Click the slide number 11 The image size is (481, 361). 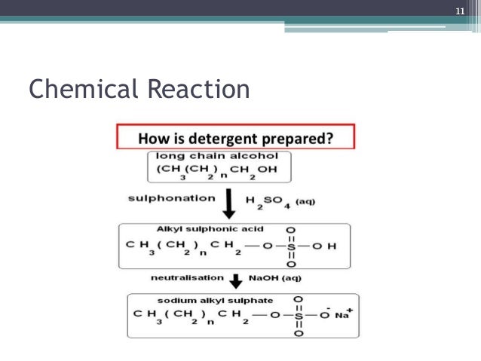[x=458, y=11]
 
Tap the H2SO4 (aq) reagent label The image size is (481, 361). [x=280, y=201]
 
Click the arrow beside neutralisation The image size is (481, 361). [x=234, y=281]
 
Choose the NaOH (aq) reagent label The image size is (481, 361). [x=275, y=279]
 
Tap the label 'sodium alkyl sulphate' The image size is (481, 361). [x=199, y=301]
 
